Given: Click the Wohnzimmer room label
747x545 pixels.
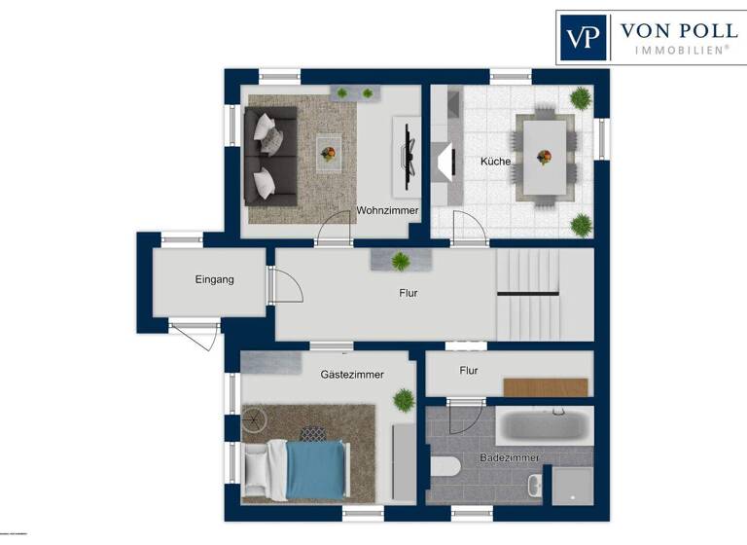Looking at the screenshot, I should coord(387,210).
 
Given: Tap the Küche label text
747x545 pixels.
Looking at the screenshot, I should coord(495,162).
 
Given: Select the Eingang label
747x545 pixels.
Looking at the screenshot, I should coord(214,279).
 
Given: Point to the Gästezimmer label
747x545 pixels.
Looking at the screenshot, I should coord(352,374).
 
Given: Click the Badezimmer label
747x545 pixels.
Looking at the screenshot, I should coord(510,457).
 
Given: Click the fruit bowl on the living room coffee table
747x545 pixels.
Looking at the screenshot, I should coord(329,153).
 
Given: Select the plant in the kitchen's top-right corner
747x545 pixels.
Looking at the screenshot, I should coord(581,97).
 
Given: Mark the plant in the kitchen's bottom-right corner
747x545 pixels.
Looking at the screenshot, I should coord(581,225).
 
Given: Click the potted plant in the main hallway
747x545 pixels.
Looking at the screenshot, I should coord(400,261).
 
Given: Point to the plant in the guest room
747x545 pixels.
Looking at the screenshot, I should coord(404,399).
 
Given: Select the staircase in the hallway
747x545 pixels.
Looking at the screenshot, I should coord(528,293).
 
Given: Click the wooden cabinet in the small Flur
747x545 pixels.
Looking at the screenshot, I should coord(546,386).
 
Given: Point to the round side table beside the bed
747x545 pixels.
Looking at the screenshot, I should coord(254,420).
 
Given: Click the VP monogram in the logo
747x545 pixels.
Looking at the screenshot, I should coord(583,38).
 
